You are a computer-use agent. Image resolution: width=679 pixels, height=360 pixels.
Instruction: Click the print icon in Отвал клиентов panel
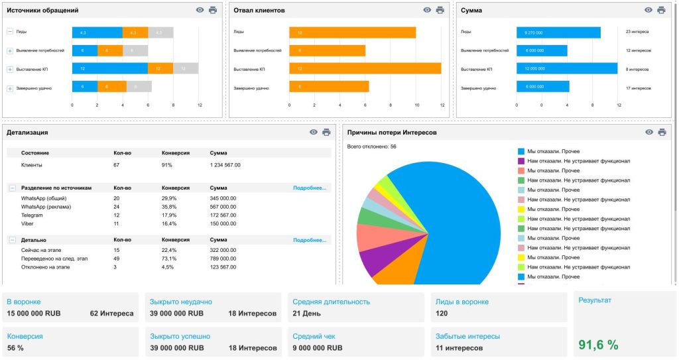click(440, 10)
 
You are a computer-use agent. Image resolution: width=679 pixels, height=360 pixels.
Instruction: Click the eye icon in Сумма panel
click(648, 10)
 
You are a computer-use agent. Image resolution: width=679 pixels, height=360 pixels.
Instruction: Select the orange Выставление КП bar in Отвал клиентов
click(365, 68)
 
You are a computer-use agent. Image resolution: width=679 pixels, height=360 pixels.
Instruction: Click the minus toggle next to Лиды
click(10, 31)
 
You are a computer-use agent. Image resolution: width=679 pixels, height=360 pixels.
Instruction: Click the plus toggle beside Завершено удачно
click(10, 88)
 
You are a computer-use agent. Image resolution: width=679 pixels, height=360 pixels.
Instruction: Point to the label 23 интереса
click(637, 31)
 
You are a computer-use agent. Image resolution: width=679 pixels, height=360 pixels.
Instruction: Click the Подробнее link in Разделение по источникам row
click(310, 188)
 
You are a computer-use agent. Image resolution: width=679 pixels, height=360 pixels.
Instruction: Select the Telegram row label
click(32, 215)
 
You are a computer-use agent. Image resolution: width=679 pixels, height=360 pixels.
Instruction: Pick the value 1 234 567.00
click(225, 164)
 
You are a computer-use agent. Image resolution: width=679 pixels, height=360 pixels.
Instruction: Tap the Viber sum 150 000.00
click(222, 223)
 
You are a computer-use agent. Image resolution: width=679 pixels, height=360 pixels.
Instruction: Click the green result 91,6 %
click(598, 344)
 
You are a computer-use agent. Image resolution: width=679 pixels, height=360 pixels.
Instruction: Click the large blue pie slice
click(451, 219)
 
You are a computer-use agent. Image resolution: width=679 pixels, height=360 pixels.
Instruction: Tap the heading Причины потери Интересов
click(392, 132)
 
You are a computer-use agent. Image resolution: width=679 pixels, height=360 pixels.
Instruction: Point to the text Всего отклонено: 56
click(371, 147)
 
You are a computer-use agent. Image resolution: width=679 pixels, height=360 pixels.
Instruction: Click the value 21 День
click(306, 313)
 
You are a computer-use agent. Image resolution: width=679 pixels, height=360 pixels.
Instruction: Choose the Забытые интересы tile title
click(467, 336)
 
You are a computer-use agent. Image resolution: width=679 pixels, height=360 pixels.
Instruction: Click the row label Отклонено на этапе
click(44, 267)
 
